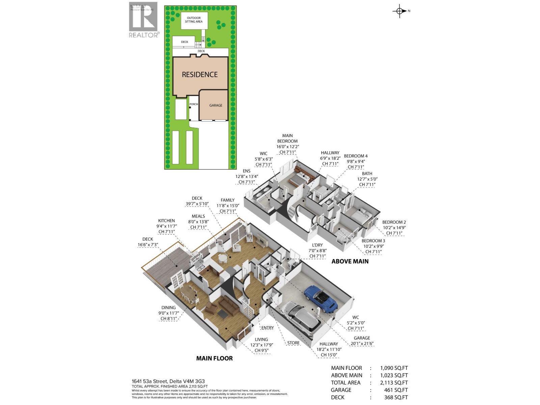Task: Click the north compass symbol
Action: [400, 11]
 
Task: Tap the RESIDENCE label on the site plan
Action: [200, 75]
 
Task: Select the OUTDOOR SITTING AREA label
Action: [194, 20]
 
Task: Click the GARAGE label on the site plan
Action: [216, 105]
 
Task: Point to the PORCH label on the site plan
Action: [194, 104]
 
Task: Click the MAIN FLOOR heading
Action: [214, 358]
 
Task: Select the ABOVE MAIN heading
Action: [350, 261]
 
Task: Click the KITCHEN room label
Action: [166, 221]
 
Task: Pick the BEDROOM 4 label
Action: [356, 156]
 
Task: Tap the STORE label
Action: [293, 343]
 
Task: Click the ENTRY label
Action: [267, 328]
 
